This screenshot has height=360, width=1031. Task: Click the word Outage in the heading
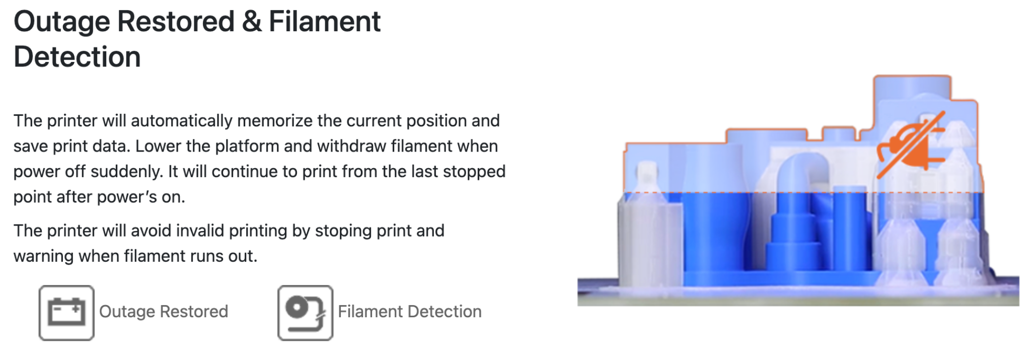[x=61, y=23]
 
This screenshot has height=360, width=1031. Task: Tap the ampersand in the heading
[x=251, y=22]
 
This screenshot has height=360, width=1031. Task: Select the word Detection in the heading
[x=77, y=57]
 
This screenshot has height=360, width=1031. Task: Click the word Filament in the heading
[x=325, y=22]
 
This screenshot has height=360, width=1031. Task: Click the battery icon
[x=66, y=313]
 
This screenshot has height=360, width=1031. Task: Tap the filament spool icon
[x=305, y=313]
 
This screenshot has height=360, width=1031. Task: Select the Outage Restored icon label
[x=164, y=312]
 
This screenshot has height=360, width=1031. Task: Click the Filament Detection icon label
[x=410, y=312]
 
